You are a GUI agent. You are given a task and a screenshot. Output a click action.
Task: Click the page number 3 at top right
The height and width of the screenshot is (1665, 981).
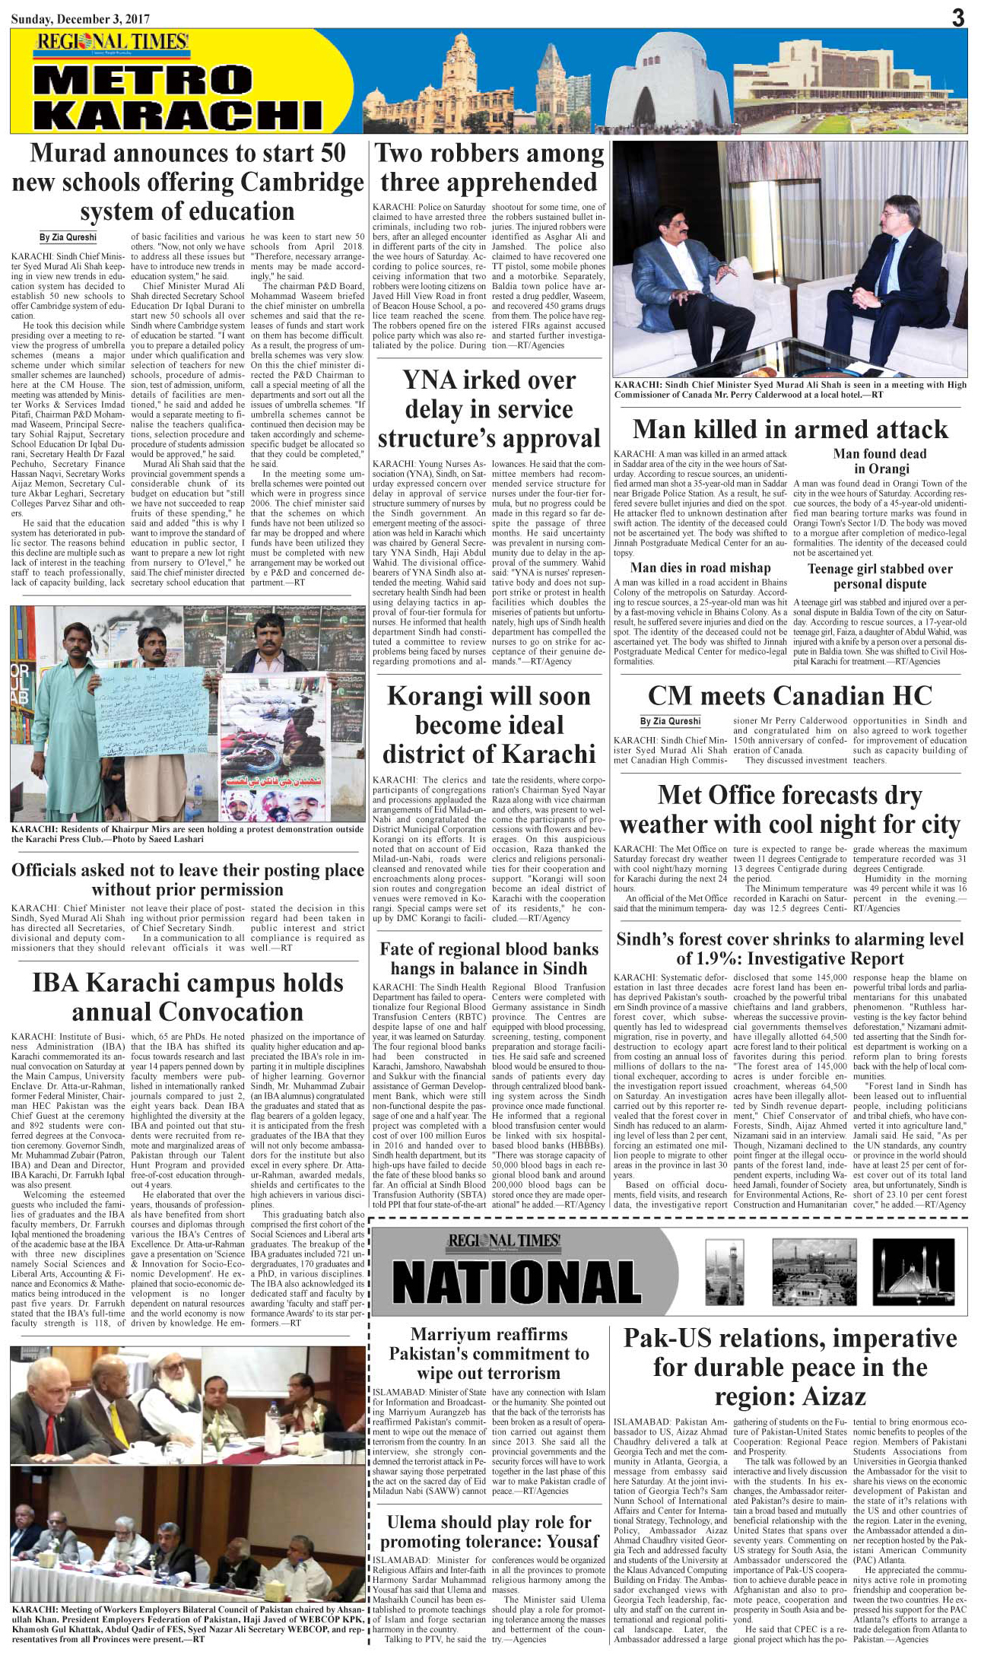coord(957,17)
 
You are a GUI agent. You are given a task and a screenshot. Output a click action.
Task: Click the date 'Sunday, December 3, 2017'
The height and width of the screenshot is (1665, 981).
coord(80,19)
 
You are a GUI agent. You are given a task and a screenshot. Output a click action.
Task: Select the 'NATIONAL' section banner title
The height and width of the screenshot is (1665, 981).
coord(516,1281)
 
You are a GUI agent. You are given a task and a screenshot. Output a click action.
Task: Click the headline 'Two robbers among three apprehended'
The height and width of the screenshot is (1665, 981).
coord(489,167)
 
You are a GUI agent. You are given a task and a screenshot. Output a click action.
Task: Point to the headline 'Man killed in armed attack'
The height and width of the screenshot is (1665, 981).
coord(790,430)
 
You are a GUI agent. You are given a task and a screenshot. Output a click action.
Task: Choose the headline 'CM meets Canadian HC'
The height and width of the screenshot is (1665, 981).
coord(789,696)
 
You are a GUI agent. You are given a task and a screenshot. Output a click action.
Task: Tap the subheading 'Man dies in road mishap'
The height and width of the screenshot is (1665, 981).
coord(700,567)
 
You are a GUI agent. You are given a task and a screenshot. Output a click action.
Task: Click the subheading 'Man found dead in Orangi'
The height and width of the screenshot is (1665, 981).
coord(880,461)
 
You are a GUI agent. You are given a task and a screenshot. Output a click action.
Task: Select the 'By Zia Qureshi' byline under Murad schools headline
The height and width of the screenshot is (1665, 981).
coord(68,237)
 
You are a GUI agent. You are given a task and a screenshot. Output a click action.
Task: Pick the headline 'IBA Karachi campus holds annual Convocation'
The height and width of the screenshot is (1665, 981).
coord(187,997)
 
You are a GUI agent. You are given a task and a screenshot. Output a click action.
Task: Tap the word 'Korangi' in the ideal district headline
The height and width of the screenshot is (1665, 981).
coord(430,697)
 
